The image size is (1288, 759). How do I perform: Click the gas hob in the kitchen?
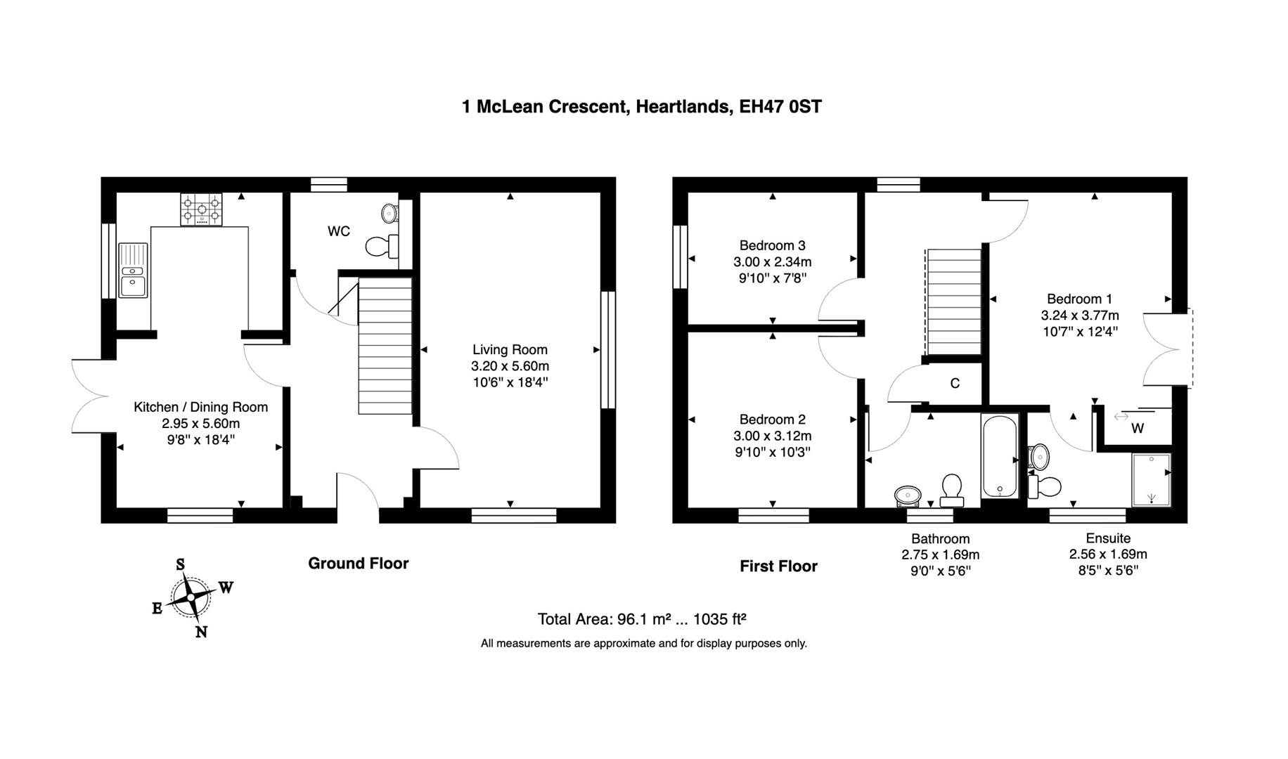(201, 209)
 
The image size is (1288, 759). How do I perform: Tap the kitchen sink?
(133, 271)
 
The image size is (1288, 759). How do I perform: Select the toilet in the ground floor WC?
(382, 246)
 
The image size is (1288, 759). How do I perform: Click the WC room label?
(338, 231)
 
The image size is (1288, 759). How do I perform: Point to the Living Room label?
(510, 349)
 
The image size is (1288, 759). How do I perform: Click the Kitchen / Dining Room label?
(200, 407)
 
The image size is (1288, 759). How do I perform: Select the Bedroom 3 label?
(772, 245)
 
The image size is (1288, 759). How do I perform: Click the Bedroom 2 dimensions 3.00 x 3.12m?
(772, 436)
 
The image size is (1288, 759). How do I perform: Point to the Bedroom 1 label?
(1079, 299)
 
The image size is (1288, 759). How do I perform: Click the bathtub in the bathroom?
(999, 456)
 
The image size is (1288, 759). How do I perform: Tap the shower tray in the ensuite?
(1151, 480)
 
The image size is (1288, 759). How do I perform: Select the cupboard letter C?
(955, 383)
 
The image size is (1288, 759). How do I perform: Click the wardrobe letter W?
(1138, 428)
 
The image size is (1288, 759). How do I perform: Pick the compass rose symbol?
(192, 597)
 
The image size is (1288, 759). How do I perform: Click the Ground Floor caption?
(358, 563)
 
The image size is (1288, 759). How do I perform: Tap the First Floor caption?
(778, 566)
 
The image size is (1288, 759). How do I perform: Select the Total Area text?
(641, 619)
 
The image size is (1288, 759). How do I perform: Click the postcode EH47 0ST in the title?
(780, 107)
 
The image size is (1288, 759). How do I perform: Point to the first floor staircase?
(953, 302)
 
